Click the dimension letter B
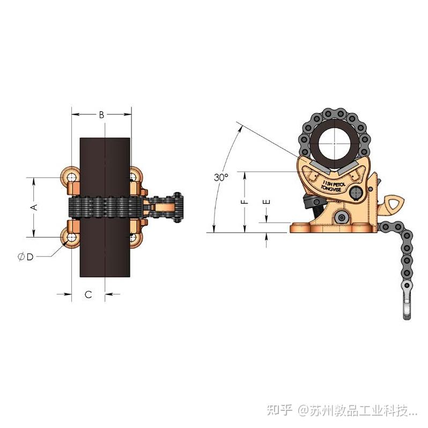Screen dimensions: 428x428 (101, 114)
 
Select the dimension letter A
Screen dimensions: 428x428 (33, 207)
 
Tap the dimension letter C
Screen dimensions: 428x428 (88, 294)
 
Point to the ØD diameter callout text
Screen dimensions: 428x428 (25, 257)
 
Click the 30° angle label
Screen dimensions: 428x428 (221, 177)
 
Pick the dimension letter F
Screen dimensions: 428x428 (245, 202)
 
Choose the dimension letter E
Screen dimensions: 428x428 (267, 202)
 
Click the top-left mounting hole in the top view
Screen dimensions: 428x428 (71, 175)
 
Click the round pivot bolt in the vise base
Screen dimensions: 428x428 (342, 217)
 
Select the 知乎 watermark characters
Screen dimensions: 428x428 (281, 411)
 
